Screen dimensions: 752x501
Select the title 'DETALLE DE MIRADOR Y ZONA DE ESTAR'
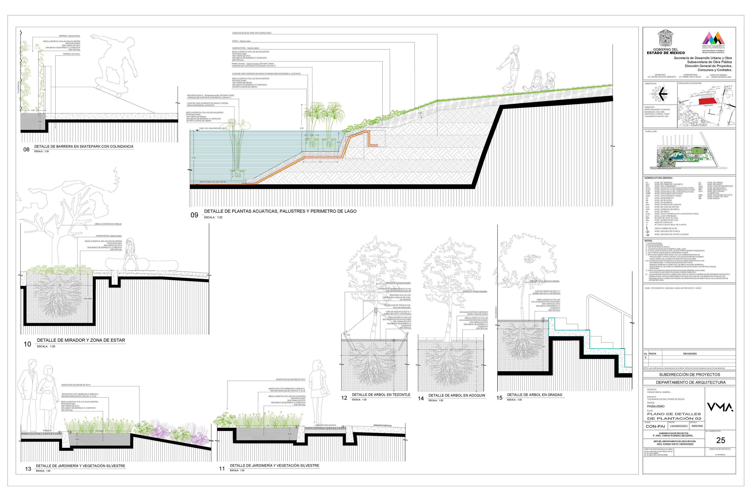point(81,340)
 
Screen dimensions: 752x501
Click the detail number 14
point(421,398)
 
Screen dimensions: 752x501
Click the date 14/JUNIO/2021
point(678,426)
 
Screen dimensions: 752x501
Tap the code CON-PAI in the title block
point(655,426)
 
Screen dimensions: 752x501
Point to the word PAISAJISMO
point(656,406)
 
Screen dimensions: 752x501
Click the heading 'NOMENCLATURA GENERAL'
point(659,178)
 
